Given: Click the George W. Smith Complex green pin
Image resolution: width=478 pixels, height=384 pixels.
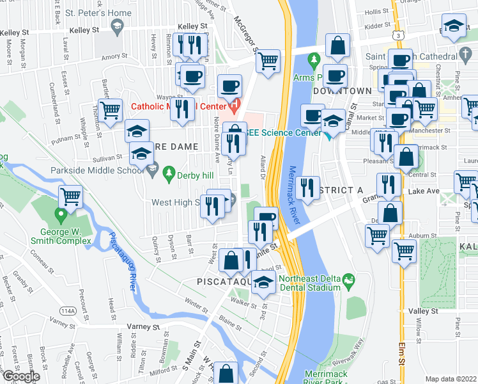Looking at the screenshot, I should [x=61, y=214].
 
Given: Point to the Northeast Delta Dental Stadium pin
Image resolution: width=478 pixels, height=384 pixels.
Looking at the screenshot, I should [x=348, y=279].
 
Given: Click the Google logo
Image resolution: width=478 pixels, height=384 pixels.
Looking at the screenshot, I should [x=21, y=376].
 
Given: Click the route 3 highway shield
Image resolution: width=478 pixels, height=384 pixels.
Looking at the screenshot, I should [x=399, y=36].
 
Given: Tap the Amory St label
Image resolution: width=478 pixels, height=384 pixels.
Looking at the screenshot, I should [x=115, y=57].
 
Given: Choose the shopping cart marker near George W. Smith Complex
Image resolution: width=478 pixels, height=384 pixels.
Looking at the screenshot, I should [x=70, y=196].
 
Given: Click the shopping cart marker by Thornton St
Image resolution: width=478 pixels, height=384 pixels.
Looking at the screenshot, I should [x=111, y=109].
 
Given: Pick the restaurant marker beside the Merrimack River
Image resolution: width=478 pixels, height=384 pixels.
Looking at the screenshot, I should [x=307, y=188].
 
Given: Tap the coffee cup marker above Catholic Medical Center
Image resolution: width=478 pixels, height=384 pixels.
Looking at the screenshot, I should [x=229, y=85].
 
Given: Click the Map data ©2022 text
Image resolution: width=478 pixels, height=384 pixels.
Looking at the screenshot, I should [x=451, y=379].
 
